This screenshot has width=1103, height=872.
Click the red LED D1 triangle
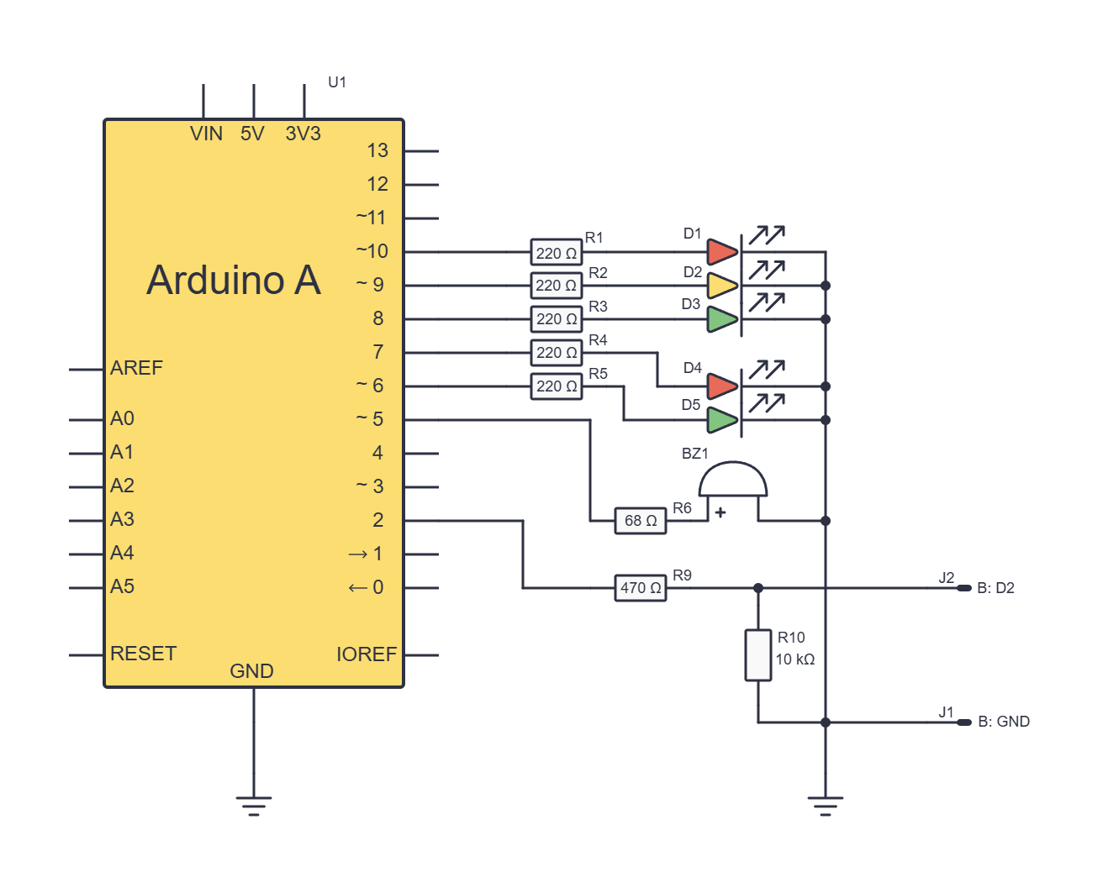pos(722,252)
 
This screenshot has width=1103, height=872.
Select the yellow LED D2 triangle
pos(722,286)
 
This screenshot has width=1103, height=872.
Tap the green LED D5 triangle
pos(722,420)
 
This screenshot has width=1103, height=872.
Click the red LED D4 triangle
pos(722,386)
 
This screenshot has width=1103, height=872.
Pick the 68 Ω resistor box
pos(641,521)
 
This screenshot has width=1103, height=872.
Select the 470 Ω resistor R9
pos(641,588)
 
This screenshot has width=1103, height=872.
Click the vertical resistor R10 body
pos(758,655)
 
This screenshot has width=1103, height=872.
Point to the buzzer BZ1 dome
pos(733,479)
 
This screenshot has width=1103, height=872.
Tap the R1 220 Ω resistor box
pos(557,252)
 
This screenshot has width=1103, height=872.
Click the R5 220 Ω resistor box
pos(557,386)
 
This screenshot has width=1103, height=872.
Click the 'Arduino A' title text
pos(234,281)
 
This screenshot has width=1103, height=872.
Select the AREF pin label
pos(136,368)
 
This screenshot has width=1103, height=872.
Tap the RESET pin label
pos(144,654)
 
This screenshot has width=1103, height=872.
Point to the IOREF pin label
pos(367,654)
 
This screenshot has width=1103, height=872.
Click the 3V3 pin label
pos(303,134)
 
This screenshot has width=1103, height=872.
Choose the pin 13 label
pos(377,150)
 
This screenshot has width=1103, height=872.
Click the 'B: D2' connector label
pos(996,588)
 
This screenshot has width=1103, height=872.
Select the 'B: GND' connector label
pos(1004,722)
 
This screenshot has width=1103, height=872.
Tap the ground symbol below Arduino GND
pos(254,806)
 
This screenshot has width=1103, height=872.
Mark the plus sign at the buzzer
pos(720,512)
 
